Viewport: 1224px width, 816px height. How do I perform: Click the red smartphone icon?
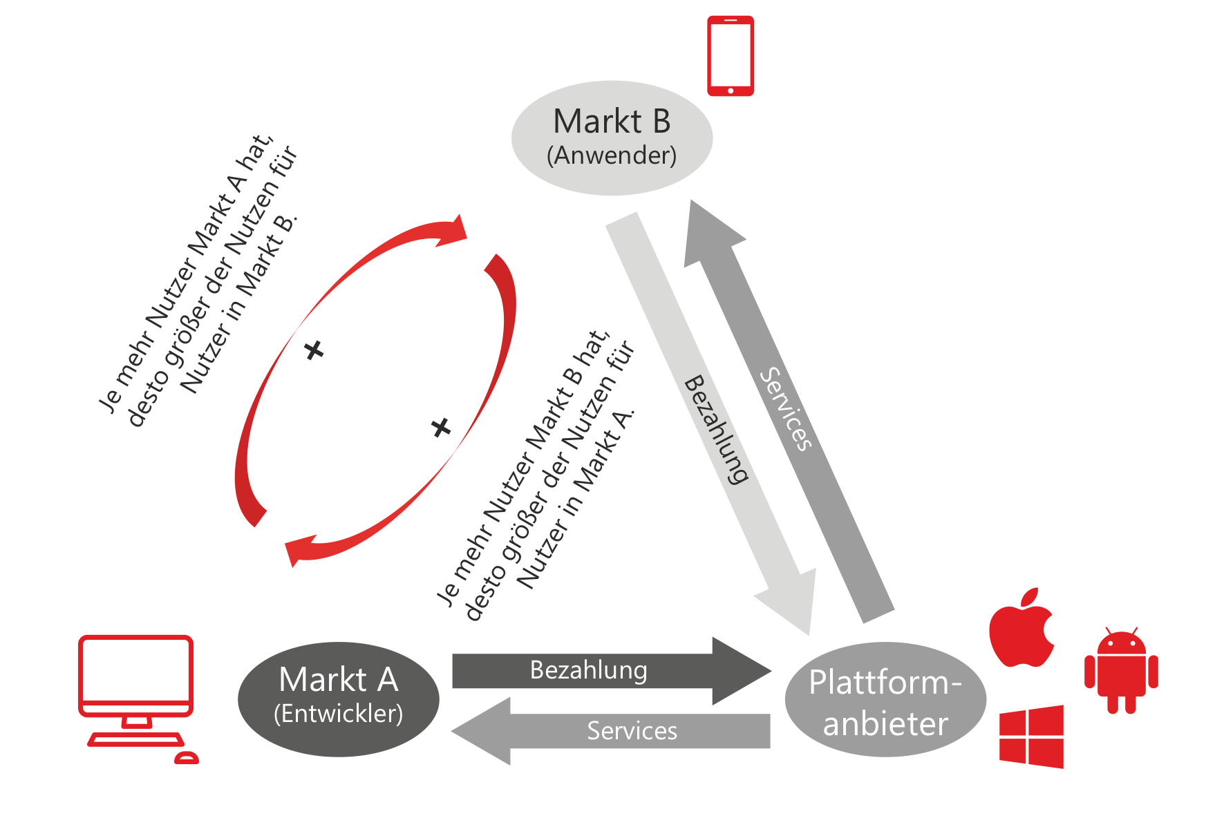730,56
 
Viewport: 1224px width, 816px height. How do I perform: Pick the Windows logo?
1031,737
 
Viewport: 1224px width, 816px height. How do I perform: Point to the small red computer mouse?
186,758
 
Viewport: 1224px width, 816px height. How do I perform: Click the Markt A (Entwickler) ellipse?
338,699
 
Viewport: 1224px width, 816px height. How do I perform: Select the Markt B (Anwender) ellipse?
612,137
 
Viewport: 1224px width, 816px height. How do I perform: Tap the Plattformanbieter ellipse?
885,700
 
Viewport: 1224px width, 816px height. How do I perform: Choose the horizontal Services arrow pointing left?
608,731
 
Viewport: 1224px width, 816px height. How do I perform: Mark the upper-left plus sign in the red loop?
314,350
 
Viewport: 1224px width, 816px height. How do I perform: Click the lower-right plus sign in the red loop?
441,428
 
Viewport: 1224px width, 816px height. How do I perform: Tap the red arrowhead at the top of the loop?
453,231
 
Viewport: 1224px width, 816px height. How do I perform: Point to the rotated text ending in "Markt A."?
536,477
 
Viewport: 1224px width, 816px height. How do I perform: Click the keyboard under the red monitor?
135,740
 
